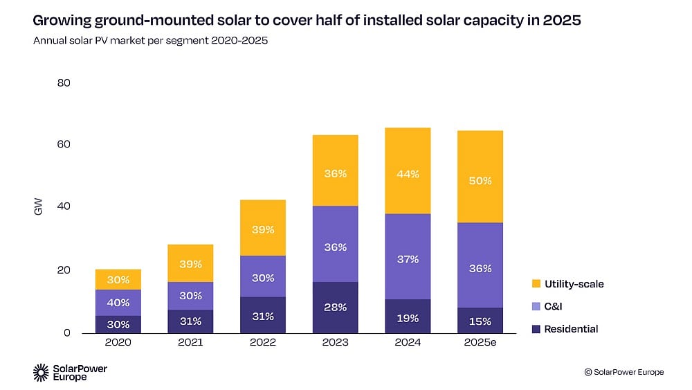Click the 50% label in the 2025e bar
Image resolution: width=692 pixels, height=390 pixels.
(x=480, y=181)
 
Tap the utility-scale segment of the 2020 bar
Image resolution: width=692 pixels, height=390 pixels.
(x=118, y=280)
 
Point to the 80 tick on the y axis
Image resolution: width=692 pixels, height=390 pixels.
(x=63, y=83)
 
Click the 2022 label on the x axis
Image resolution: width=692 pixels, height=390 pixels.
(x=263, y=342)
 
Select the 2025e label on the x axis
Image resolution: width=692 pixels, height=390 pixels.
(x=480, y=342)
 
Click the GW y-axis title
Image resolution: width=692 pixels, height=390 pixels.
(x=38, y=206)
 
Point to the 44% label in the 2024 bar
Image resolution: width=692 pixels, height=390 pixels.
(x=408, y=175)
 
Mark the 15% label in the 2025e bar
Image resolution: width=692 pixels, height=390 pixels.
(x=480, y=321)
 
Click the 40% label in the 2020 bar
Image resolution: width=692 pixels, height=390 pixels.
(x=118, y=302)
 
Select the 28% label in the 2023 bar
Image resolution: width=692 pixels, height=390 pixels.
(x=336, y=307)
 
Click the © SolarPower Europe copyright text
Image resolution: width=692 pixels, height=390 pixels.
(x=623, y=372)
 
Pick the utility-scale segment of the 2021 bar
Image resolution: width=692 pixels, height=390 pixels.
(x=190, y=263)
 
